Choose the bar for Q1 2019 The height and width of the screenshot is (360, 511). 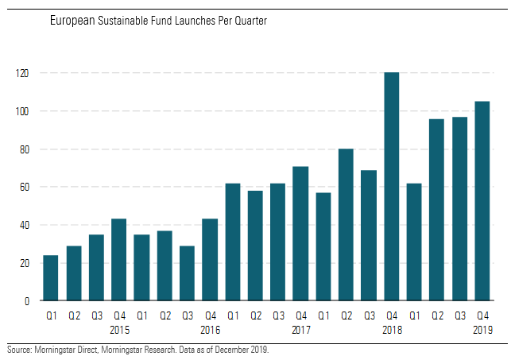pyautogui.click(x=414, y=242)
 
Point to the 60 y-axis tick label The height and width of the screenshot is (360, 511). pyautogui.click(x=25, y=188)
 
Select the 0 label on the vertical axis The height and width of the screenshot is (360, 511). pyautogui.click(x=27, y=301)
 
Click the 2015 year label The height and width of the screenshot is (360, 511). pyautogui.click(x=119, y=329)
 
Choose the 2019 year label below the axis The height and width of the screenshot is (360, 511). pyautogui.click(x=482, y=329)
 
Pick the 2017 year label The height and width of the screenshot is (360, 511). pyautogui.click(x=300, y=329)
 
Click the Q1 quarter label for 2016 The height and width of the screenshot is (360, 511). pyautogui.click(x=141, y=315)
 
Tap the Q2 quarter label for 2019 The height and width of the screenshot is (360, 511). pyautogui.click(x=436, y=315)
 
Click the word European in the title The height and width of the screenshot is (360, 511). pyautogui.click(x=72, y=21)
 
